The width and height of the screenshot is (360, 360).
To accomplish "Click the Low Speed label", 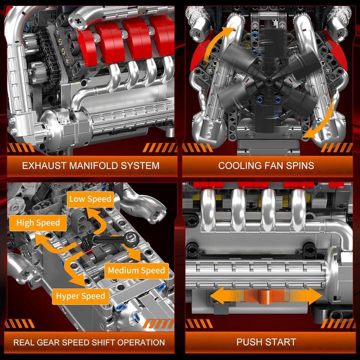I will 90,199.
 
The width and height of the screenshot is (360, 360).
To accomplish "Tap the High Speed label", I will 38,223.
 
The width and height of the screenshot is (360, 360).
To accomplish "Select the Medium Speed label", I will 135,270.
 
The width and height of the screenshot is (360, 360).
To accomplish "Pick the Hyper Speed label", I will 80,296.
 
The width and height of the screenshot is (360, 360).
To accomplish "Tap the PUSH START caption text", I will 266,342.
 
